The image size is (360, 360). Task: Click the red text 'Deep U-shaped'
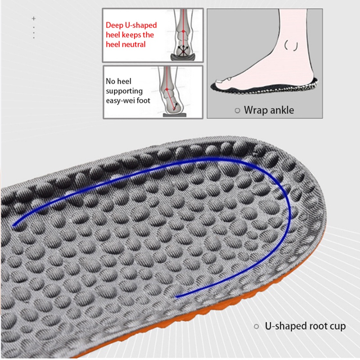131,26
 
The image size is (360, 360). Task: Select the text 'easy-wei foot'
128,101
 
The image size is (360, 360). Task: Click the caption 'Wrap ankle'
269,110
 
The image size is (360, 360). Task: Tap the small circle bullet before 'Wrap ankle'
238,110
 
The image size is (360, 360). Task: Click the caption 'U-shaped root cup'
305,326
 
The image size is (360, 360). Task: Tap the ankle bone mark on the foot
291,45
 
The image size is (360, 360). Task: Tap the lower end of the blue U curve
176,297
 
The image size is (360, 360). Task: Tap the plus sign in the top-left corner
33,18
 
